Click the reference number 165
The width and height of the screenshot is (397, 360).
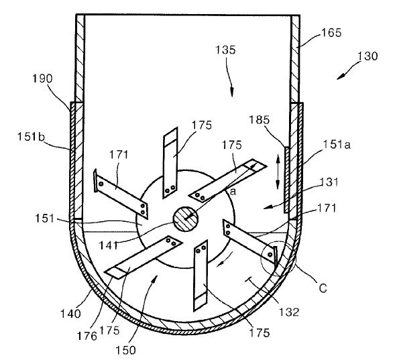[331, 33]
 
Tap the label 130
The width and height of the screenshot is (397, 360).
[367, 56]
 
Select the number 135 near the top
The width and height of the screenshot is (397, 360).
[225, 50]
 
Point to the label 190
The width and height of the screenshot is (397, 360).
[42, 78]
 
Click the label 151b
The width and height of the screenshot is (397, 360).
[31, 137]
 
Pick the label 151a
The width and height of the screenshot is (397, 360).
[337, 145]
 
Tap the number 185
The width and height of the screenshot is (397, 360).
[259, 119]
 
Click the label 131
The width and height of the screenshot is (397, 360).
[329, 182]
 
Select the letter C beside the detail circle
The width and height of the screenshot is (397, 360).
[323, 288]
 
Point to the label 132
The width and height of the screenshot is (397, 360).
[289, 312]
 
